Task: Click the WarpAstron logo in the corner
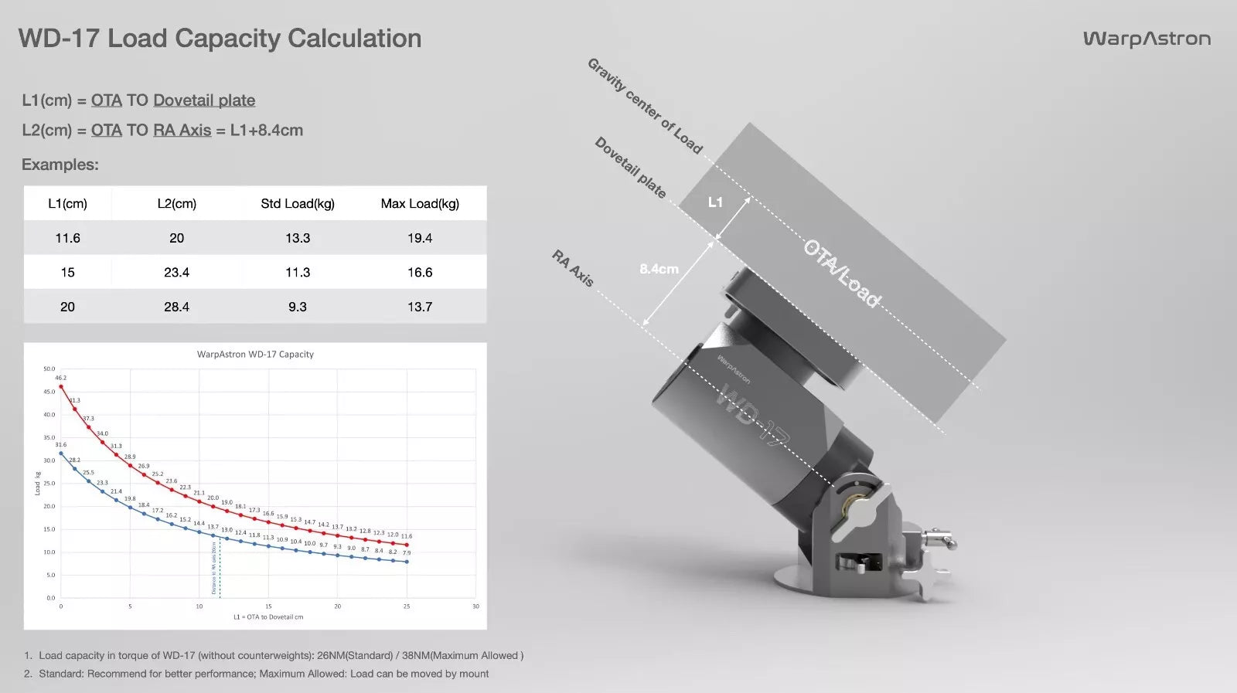(x=1147, y=39)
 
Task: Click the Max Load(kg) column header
(x=420, y=204)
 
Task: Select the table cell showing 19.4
(x=420, y=238)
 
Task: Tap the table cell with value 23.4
(x=176, y=273)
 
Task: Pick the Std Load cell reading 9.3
(x=298, y=307)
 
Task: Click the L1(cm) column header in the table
(x=67, y=204)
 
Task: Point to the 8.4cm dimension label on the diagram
(x=659, y=269)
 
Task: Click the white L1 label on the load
(x=715, y=202)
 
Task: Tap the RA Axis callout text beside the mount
(x=573, y=268)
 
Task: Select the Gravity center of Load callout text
(x=645, y=106)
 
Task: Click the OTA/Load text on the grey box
(x=841, y=273)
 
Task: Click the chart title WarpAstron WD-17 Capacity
(x=255, y=355)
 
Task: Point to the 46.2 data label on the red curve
(x=61, y=378)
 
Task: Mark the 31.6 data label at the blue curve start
(x=61, y=445)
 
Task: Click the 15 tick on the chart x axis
(x=268, y=606)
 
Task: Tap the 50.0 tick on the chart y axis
(x=49, y=369)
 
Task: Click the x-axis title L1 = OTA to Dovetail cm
(x=268, y=617)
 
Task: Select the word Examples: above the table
(x=60, y=165)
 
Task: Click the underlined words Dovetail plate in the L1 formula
(x=204, y=100)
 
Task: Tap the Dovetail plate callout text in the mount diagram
(x=630, y=167)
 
